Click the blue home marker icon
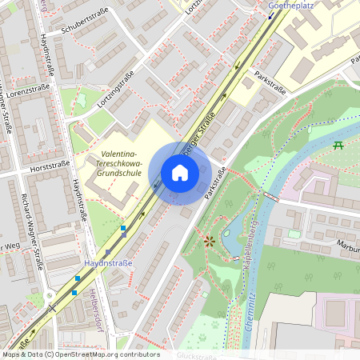click(180, 173)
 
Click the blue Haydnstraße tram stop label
click(108, 262)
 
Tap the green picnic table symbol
click(338, 146)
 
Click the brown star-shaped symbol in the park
click(210, 240)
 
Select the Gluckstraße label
click(198, 354)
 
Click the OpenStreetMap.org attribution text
click(96, 354)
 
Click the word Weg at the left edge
click(10, 245)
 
